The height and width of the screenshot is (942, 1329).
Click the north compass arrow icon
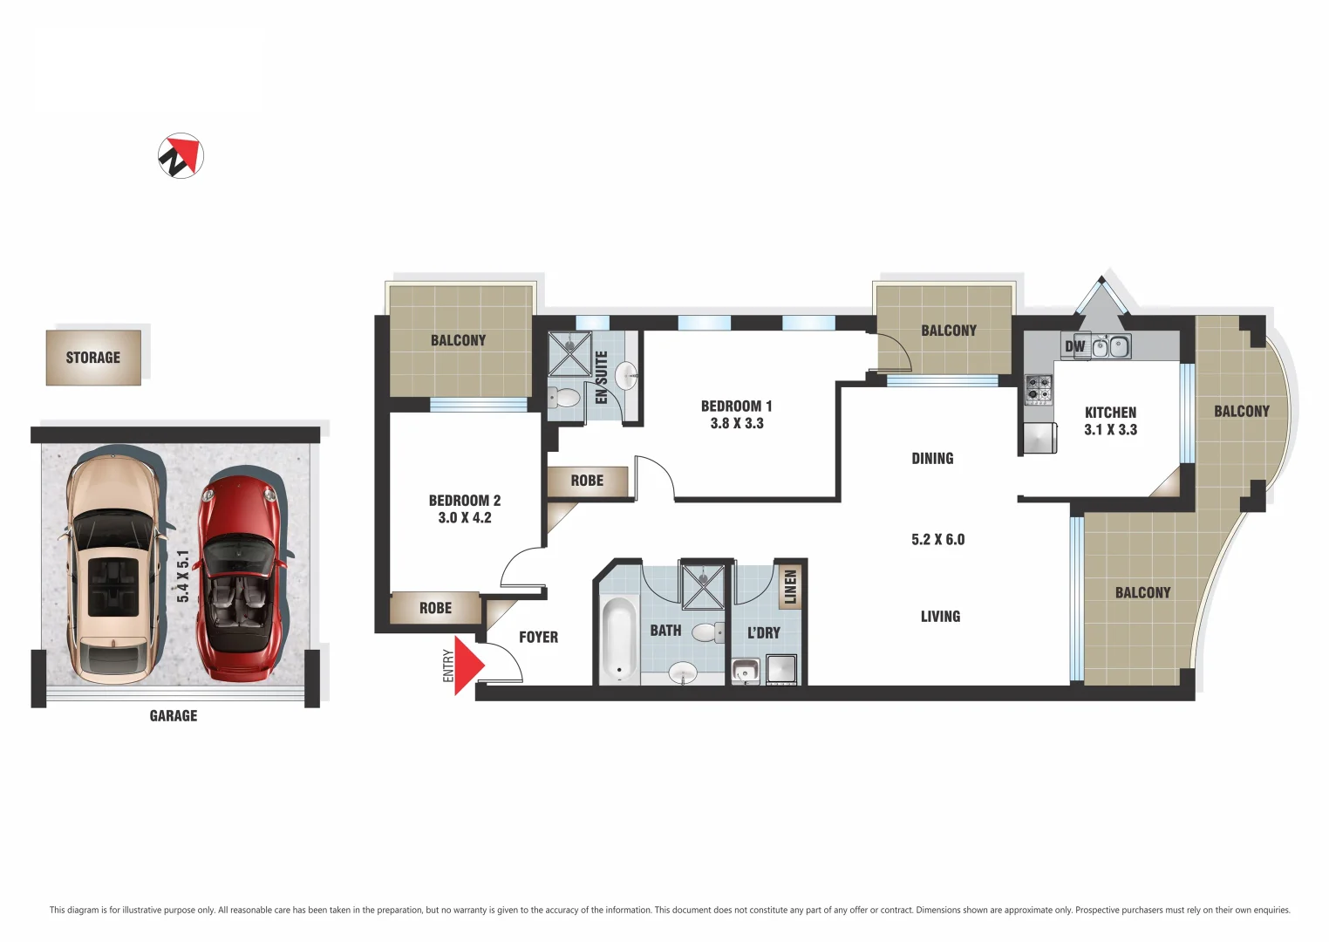pos(181,156)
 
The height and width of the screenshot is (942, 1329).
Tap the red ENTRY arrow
pos(467,666)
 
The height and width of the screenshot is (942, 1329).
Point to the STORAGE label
pos(93,358)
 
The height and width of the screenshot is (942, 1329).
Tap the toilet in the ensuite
pos(564,399)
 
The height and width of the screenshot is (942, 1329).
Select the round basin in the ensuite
pos(626,377)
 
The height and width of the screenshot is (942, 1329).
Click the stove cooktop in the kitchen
pos(1037,388)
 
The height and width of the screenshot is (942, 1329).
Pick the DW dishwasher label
pos(1074,346)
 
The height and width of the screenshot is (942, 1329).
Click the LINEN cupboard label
pos(791,585)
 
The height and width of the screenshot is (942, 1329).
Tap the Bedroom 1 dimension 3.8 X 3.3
pos(737,424)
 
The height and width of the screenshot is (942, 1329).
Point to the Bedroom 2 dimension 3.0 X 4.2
pos(465,518)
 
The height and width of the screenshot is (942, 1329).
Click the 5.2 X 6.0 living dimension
pos(937,540)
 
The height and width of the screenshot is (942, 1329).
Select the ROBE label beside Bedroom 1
pos(587,481)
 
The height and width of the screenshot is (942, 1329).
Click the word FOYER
pos(538,638)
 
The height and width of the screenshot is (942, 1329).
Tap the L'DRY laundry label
pos(763,632)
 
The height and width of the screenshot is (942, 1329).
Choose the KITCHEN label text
pos(1110,413)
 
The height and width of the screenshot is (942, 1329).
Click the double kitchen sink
pos(1111,347)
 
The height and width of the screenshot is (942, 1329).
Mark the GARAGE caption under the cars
pos(174,716)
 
